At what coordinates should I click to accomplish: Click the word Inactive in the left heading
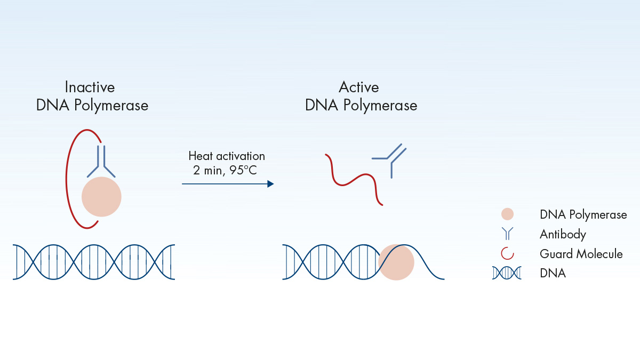pyautogui.click(x=90, y=87)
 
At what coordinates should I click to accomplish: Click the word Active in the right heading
pyautogui.click(x=359, y=87)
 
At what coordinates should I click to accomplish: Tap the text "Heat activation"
pyautogui.click(x=227, y=156)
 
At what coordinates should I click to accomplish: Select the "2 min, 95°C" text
pyautogui.click(x=225, y=170)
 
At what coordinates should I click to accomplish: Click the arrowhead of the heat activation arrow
pyautogui.click(x=270, y=183)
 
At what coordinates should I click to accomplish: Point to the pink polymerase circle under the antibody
pyautogui.click(x=101, y=197)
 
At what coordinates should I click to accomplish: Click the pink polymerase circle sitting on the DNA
pyautogui.click(x=396, y=262)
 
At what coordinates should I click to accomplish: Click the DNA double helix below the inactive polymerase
pyautogui.click(x=94, y=262)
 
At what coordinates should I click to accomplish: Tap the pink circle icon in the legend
pyautogui.click(x=507, y=214)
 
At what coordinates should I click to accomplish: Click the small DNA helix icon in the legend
pyautogui.click(x=507, y=273)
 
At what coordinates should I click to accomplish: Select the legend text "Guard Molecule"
pyautogui.click(x=581, y=254)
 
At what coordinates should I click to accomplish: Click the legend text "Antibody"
pyautogui.click(x=563, y=235)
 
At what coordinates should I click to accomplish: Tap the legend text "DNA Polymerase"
pyautogui.click(x=583, y=215)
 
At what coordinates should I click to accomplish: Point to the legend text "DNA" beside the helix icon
pyautogui.click(x=553, y=273)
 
